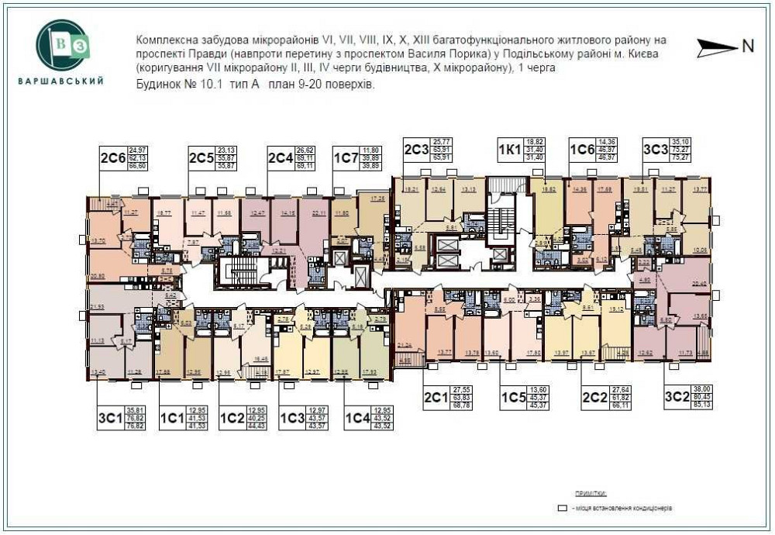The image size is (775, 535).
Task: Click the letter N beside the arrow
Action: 748,46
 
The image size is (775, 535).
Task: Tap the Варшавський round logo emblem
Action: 60,44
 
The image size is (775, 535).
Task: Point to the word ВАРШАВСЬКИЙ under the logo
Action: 60,82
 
